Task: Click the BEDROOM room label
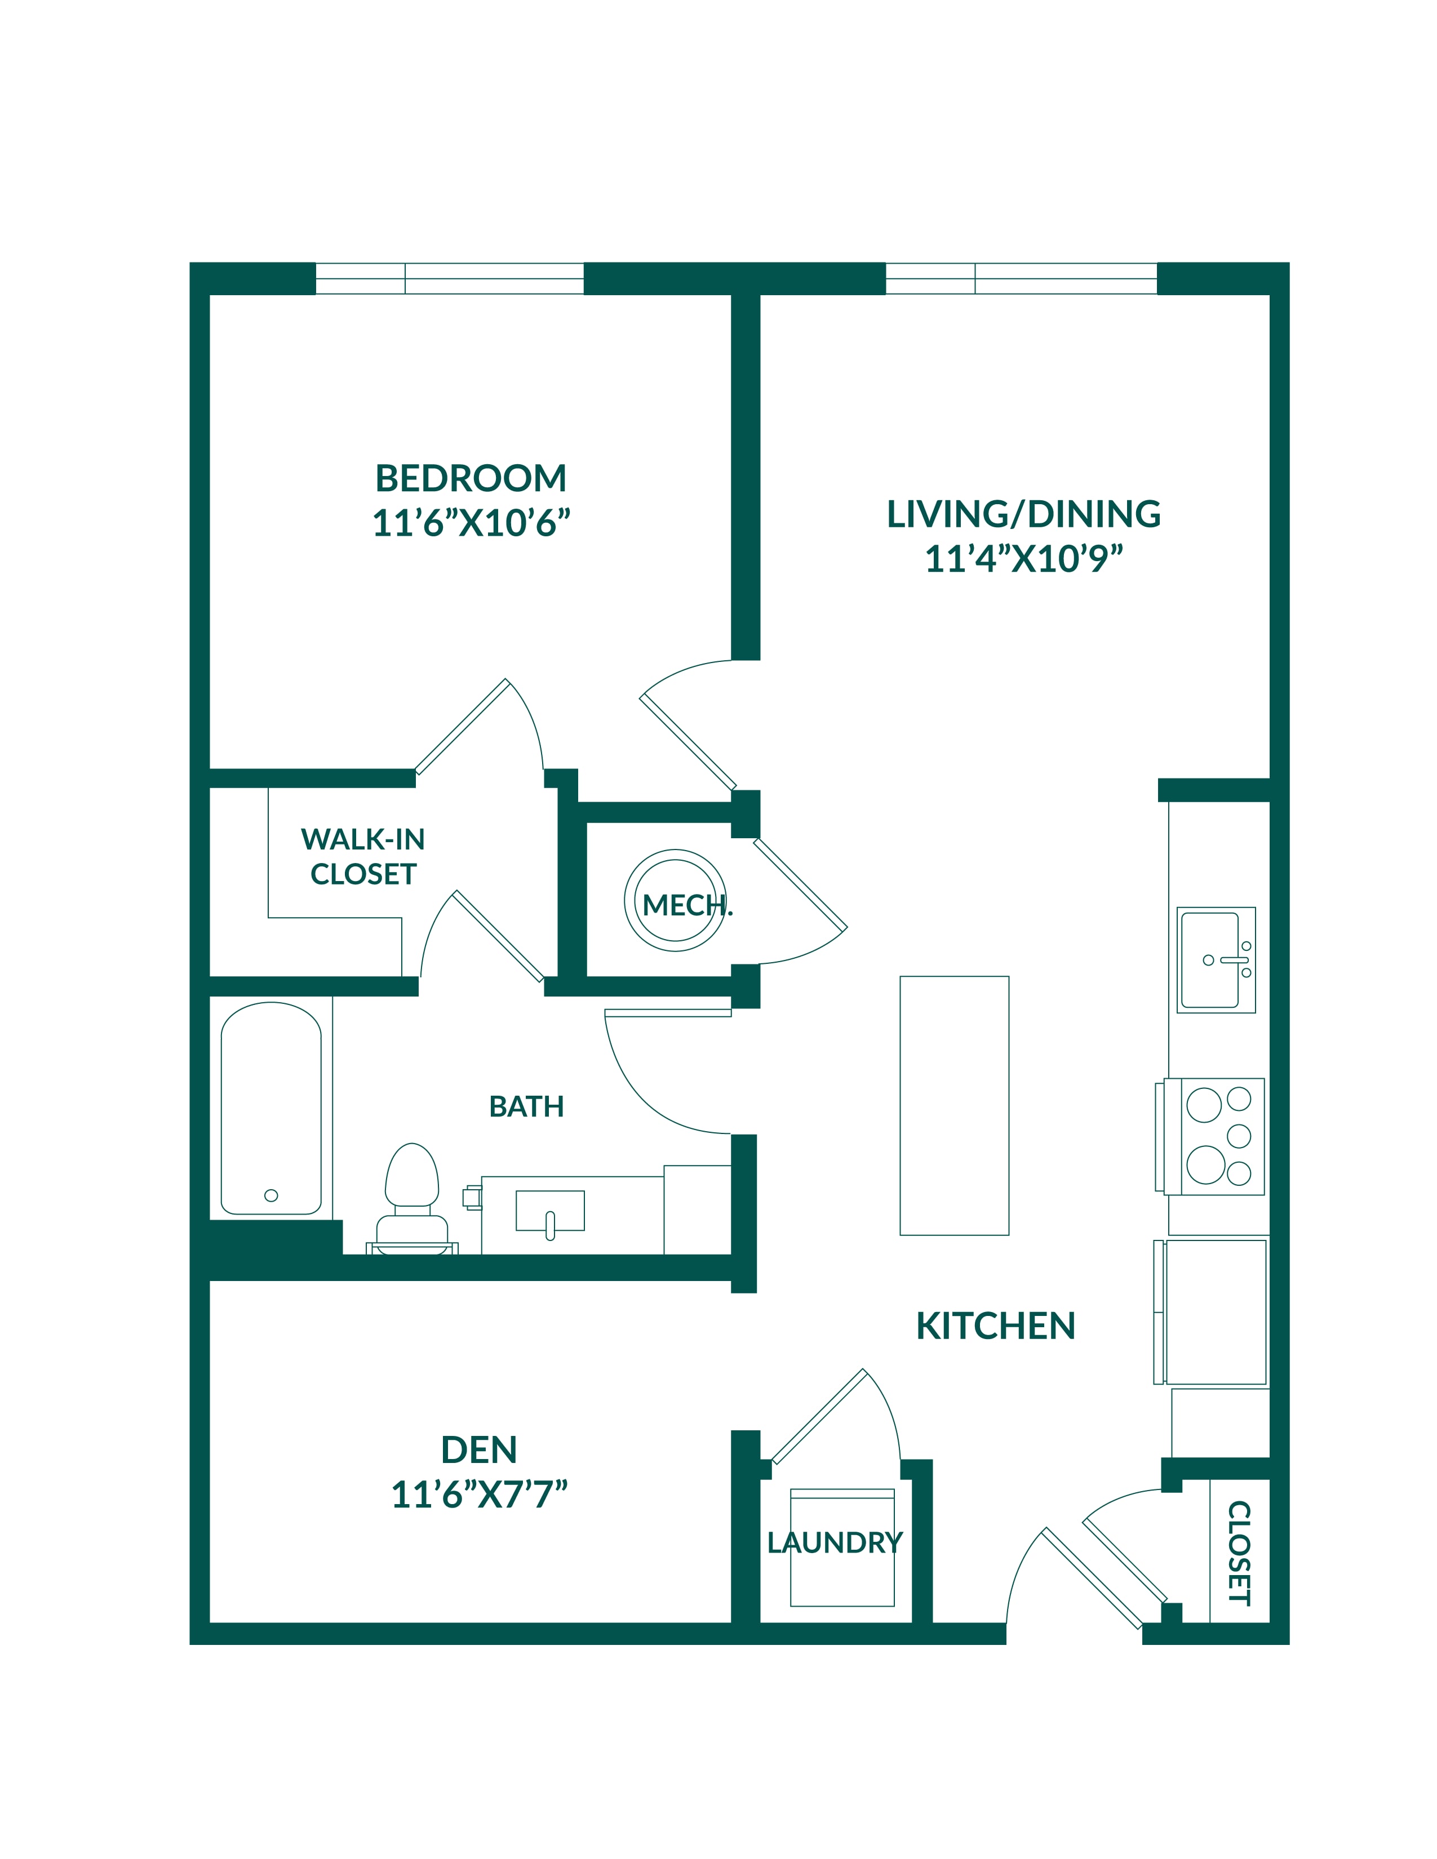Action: click(471, 478)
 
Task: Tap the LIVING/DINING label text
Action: click(1023, 514)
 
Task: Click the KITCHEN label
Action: click(995, 1326)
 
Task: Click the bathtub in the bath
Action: click(270, 1108)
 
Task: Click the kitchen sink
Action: click(1216, 959)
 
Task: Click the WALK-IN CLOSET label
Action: click(363, 856)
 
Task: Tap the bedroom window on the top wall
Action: click(450, 278)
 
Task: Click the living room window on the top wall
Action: click(1022, 278)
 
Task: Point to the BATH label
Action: click(526, 1106)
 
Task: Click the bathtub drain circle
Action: click(270, 1195)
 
